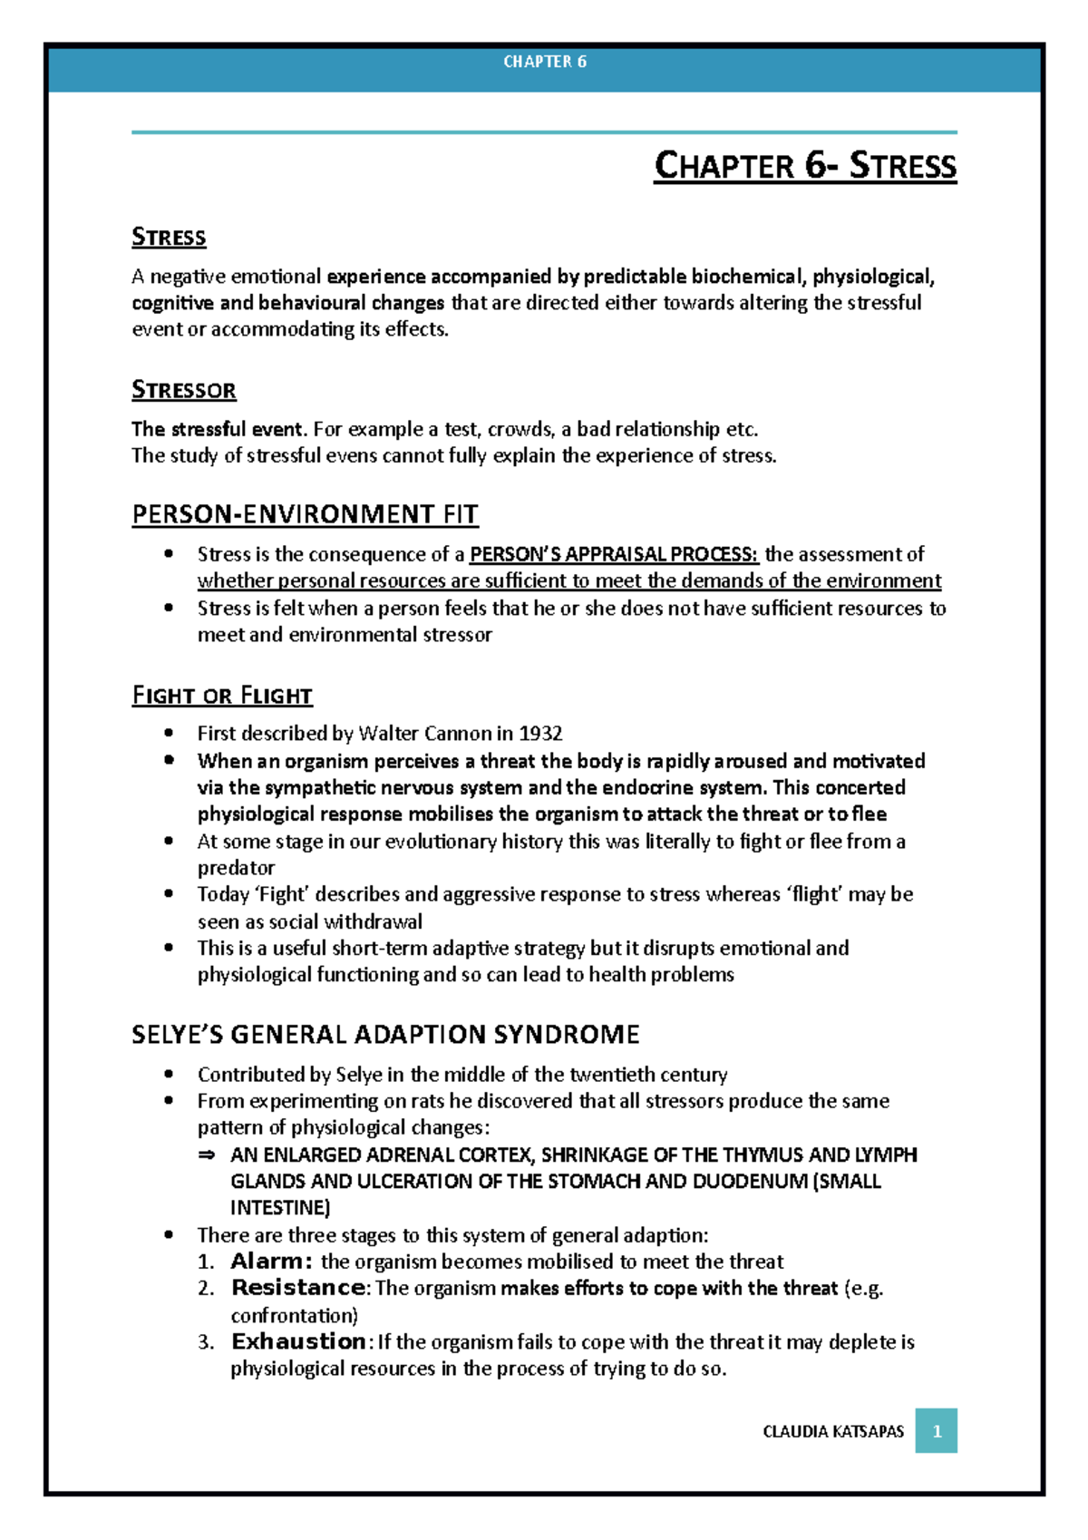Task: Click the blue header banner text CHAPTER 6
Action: (x=545, y=62)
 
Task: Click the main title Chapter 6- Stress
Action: (x=805, y=166)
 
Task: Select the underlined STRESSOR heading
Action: (x=184, y=390)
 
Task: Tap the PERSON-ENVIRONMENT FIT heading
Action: (x=305, y=514)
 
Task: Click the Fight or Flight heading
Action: (x=222, y=696)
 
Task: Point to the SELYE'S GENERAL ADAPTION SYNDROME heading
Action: (x=385, y=1034)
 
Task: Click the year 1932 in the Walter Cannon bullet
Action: (x=540, y=733)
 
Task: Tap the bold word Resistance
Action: (x=298, y=1288)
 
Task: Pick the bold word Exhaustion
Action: (x=298, y=1341)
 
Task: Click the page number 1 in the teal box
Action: (x=937, y=1431)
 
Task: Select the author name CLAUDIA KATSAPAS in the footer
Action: (x=833, y=1431)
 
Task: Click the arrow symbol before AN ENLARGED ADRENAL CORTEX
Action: (x=206, y=1155)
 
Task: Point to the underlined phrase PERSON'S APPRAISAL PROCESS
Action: (x=614, y=554)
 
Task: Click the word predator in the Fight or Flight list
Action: (x=236, y=868)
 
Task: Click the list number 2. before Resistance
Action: (x=206, y=1288)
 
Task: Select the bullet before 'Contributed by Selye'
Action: (x=168, y=1074)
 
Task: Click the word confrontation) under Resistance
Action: (x=294, y=1315)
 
